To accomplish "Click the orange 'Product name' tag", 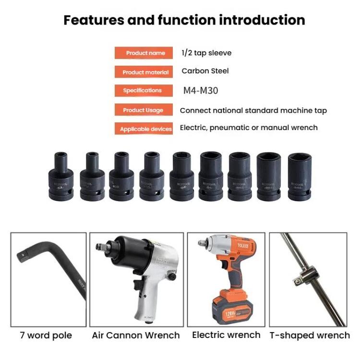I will [145, 53].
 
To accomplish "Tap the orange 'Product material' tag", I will [145, 72].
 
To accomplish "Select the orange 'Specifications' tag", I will [142, 91].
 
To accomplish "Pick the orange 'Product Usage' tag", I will [143, 110].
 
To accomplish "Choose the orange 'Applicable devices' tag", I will [145, 129].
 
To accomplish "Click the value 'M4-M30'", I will [201, 90].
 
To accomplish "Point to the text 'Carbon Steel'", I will [205, 71].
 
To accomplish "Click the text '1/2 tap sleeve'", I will [206, 53].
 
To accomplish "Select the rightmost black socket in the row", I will [300, 176].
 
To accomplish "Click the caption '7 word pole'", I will [46, 335].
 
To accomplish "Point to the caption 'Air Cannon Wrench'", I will [136, 335].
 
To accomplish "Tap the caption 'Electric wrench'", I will [226, 335].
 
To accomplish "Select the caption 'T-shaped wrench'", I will [310, 335].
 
